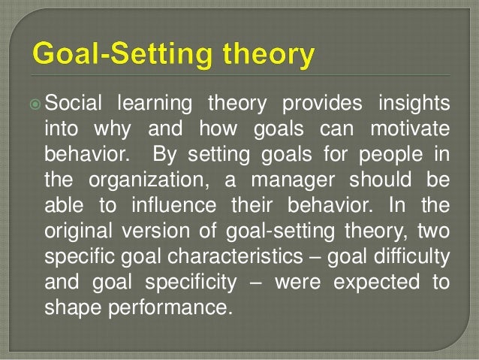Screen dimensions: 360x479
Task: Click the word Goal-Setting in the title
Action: pos(120,56)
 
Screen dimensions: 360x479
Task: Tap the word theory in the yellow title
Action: pos(261,56)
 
